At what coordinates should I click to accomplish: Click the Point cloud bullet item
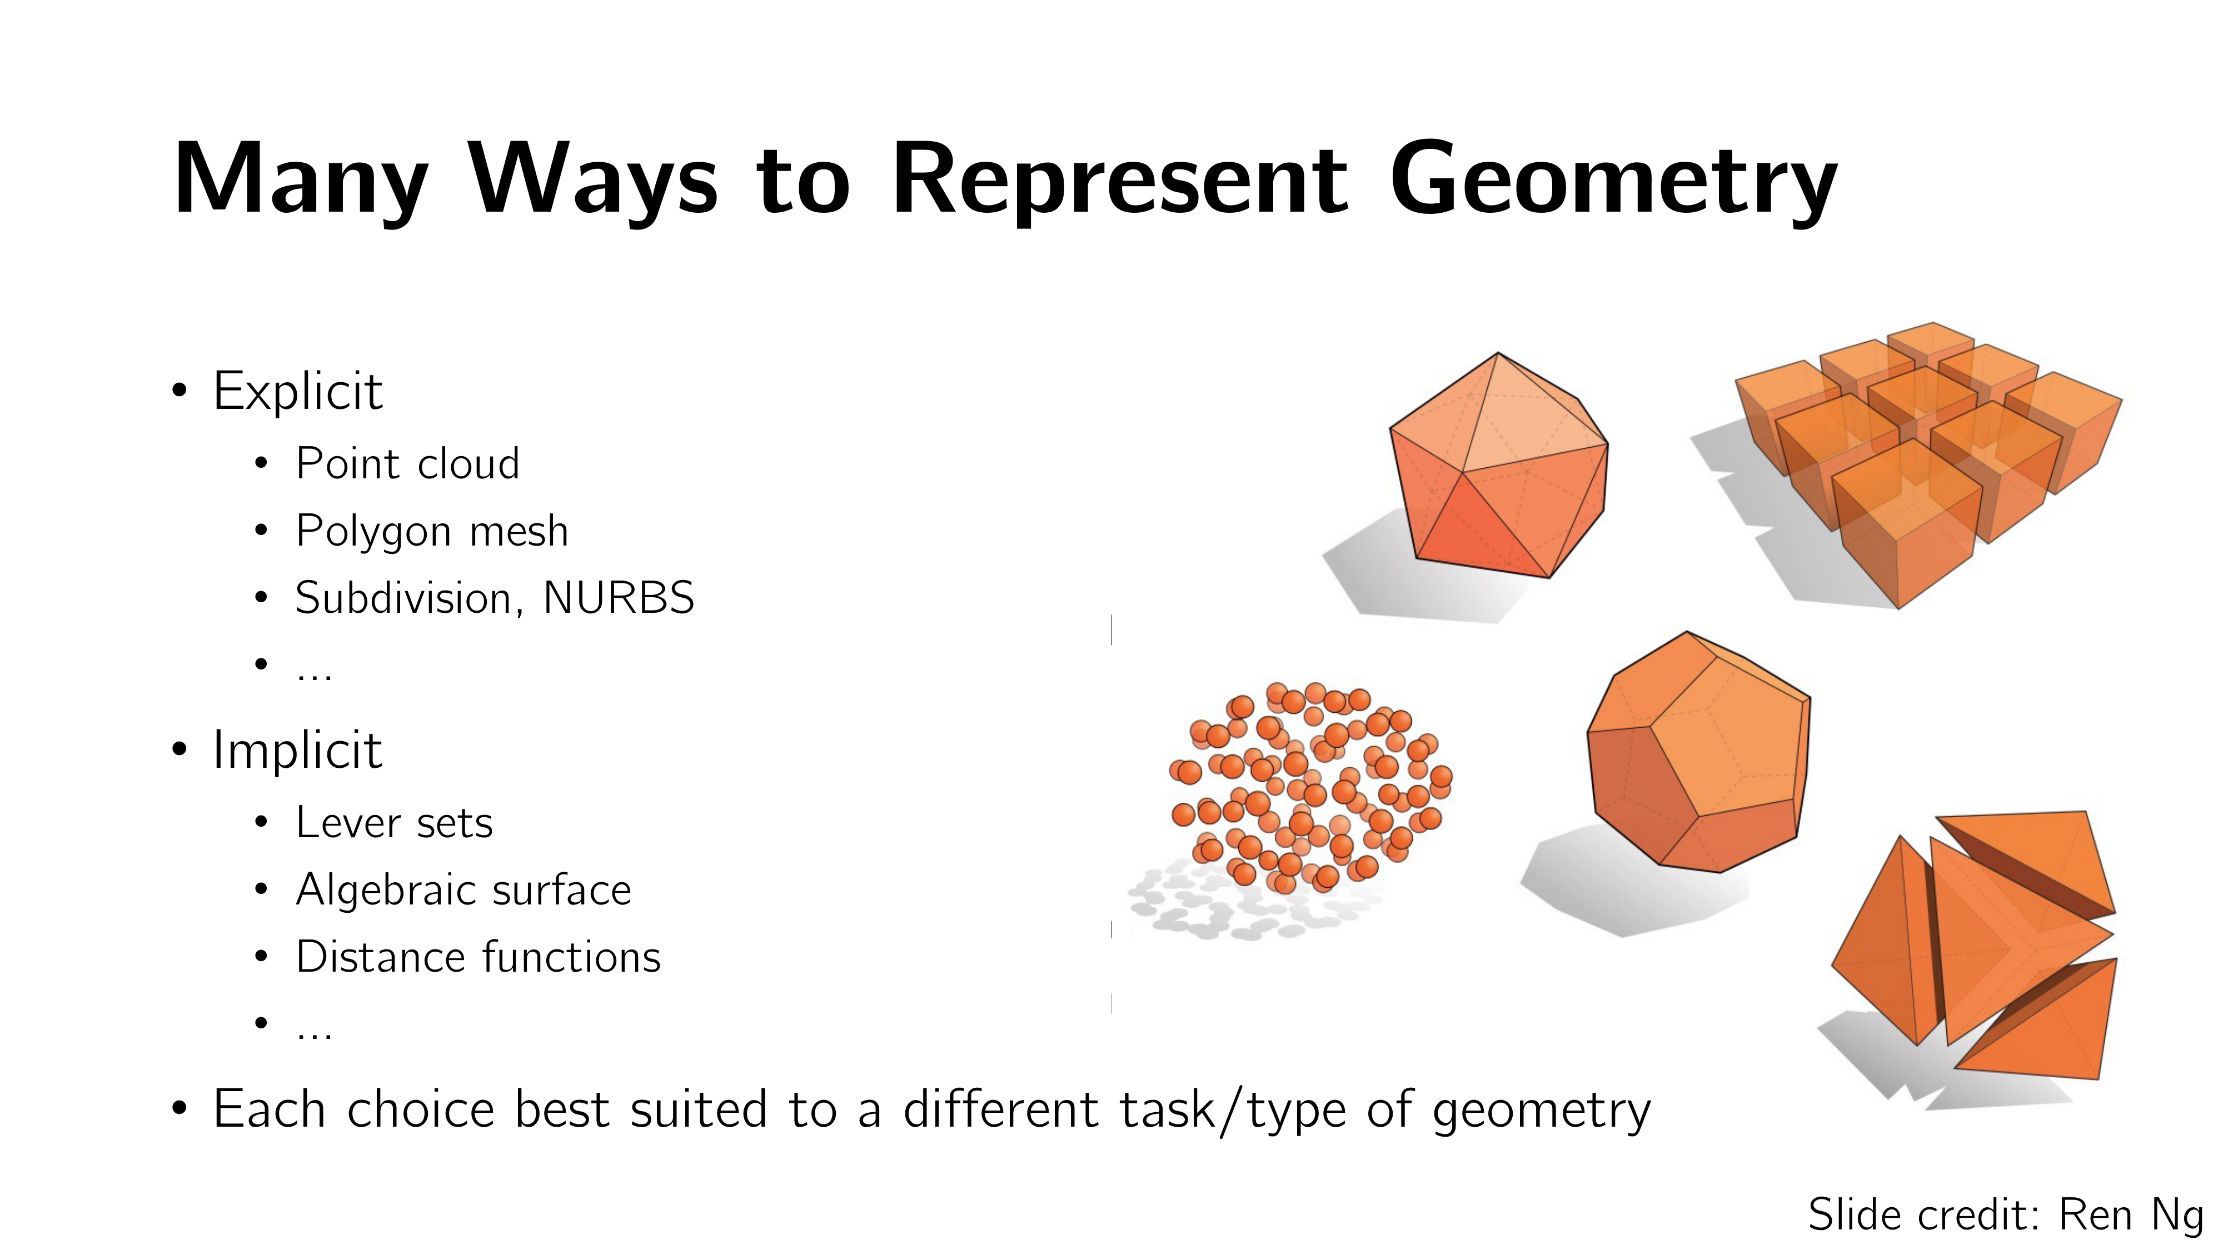click(x=407, y=464)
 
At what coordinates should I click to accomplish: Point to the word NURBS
click(x=619, y=598)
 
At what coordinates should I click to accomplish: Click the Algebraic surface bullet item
click(x=463, y=890)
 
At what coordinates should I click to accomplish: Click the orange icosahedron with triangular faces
click(x=1499, y=466)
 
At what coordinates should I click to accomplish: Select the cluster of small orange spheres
click(x=1310, y=787)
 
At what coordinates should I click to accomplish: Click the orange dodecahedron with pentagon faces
click(x=1698, y=752)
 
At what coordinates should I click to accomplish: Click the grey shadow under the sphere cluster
click(x=1252, y=903)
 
